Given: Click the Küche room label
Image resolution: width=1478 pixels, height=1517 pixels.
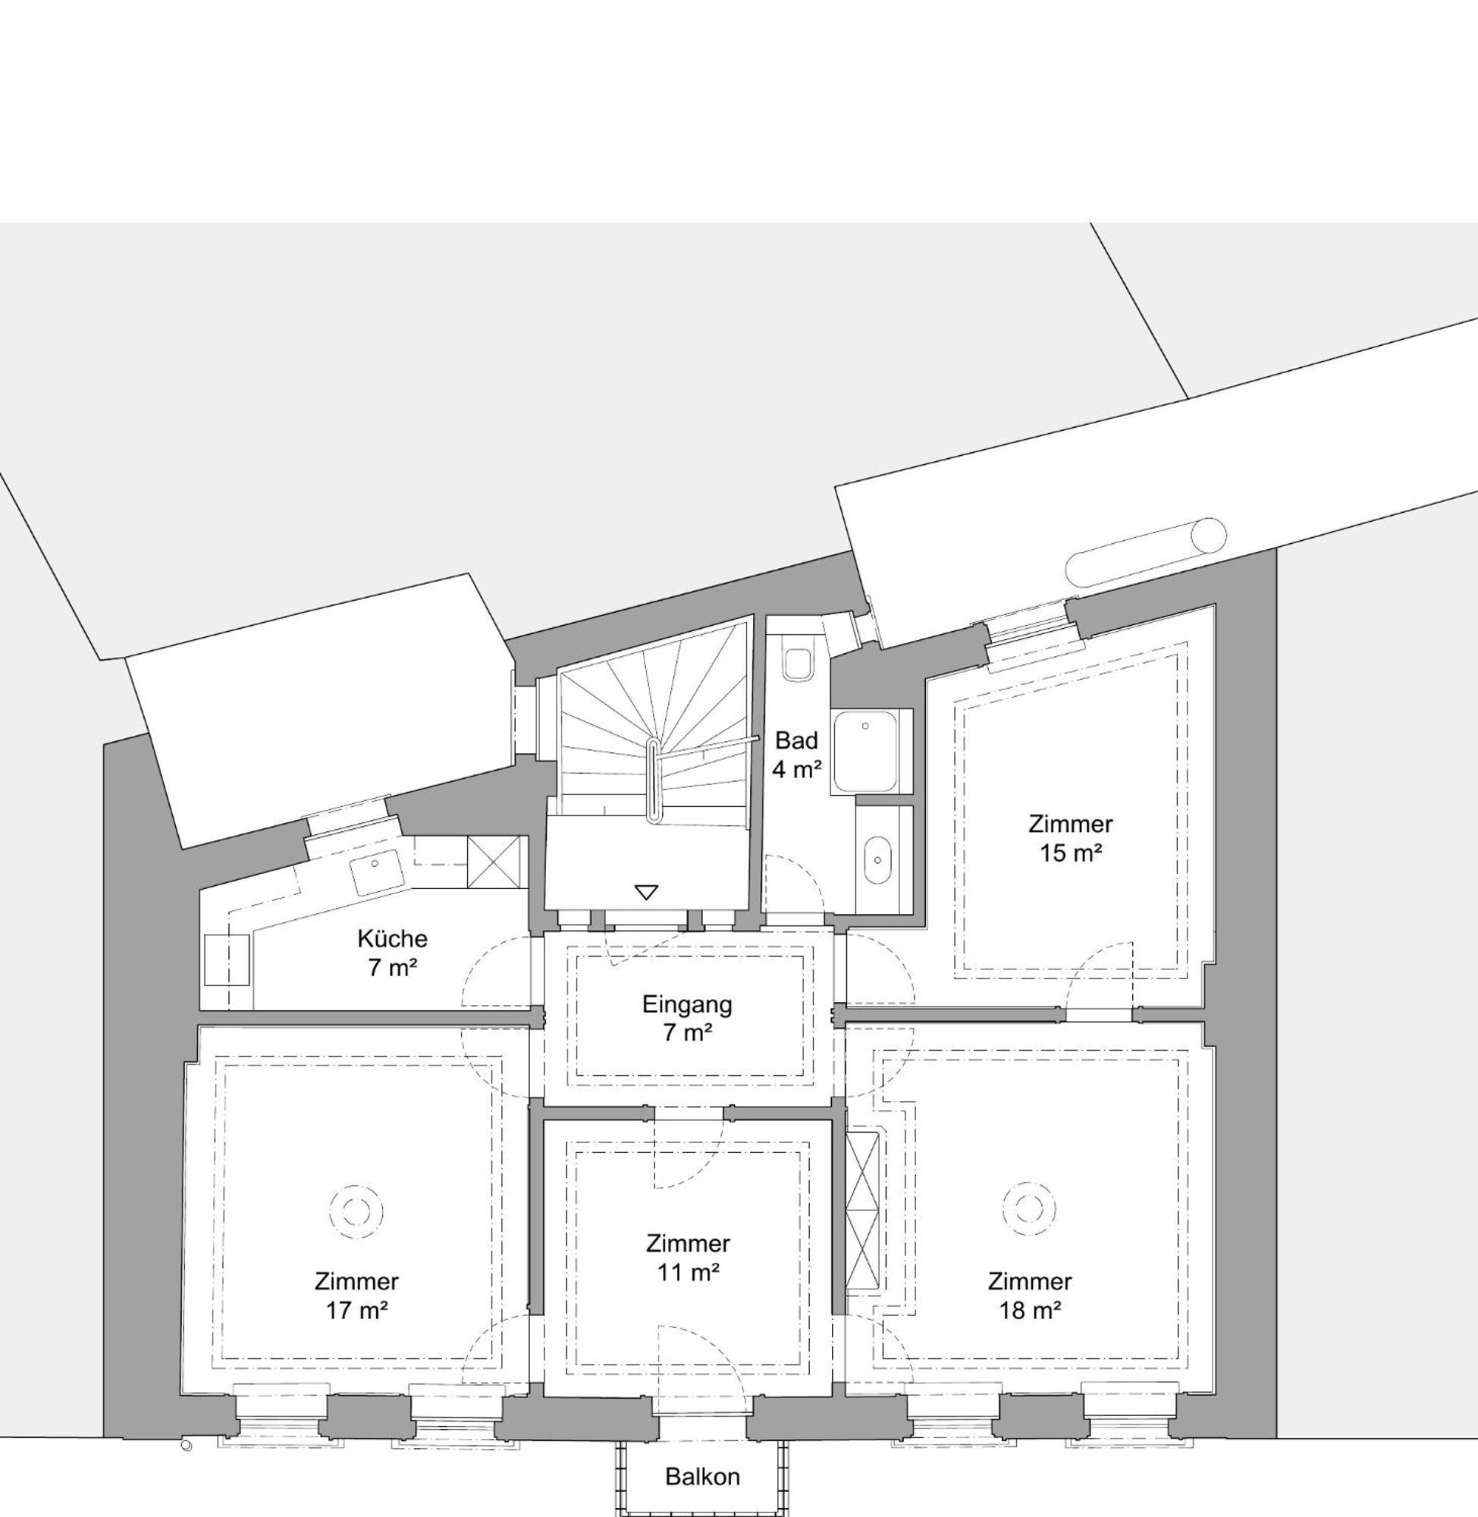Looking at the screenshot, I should [392, 938].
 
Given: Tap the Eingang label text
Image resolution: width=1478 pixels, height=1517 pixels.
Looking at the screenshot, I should [687, 1004].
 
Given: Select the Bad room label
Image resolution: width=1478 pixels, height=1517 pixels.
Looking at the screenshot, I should [796, 740].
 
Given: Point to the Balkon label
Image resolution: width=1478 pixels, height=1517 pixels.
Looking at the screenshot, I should [702, 1477].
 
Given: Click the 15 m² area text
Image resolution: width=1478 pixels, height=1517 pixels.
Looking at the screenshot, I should [1071, 853].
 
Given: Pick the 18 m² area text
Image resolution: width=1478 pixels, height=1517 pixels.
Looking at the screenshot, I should [1029, 1311].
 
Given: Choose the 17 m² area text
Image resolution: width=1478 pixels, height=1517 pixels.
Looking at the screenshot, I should [356, 1311].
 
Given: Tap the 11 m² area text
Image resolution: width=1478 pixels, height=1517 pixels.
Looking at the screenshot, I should [688, 1274].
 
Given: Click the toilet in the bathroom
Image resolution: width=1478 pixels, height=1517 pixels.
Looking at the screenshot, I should [797, 664].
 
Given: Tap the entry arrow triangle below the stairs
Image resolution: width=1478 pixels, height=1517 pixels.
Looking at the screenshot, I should [646, 892].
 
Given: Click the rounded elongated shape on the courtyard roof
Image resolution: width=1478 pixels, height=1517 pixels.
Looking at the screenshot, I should [1145, 552].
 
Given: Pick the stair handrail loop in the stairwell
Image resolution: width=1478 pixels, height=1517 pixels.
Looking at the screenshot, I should [654, 780].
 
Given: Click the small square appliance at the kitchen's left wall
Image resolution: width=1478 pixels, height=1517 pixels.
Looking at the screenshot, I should [227, 960].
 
